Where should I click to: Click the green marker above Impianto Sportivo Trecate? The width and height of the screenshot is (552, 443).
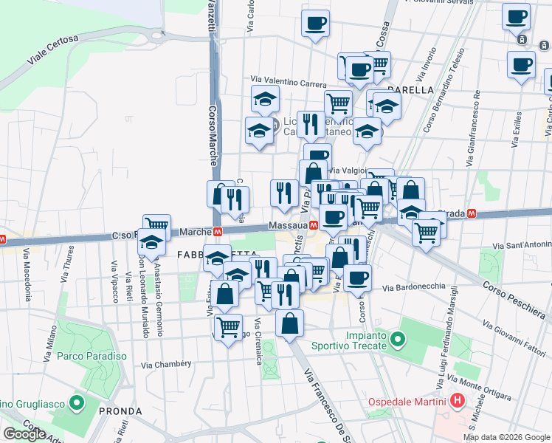point(399,340)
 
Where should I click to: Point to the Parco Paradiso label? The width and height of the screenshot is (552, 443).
point(92,356)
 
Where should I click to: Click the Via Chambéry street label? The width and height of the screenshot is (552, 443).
point(166,364)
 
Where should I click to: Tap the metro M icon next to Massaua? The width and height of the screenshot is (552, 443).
point(314,225)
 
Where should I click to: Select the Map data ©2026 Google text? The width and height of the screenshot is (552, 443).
point(506,437)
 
